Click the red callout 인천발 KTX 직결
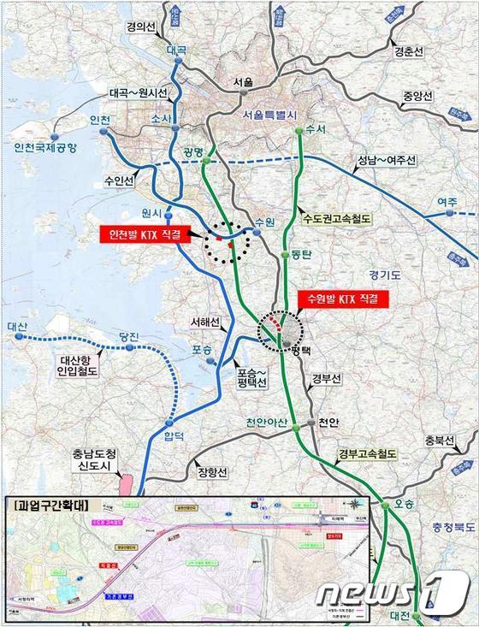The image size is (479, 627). pyautogui.click(x=143, y=234)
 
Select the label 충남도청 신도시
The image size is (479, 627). pyautogui.click(x=93, y=460)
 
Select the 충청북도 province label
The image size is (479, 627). pyautogui.click(x=437, y=516)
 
